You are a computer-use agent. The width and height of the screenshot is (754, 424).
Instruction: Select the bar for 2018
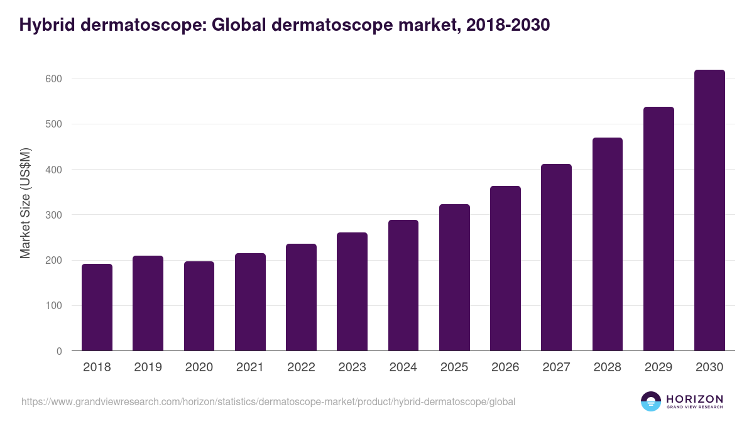(x=97, y=307)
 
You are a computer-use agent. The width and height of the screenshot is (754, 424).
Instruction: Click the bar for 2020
(x=199, y=306)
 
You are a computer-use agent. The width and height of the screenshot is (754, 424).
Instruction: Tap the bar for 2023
(x=352, y=291)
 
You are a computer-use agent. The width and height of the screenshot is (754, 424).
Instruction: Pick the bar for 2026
(x=505, y=268)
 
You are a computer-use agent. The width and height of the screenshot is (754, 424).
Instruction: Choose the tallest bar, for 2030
(x=709, y=210)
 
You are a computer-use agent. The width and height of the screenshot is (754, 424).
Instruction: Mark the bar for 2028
(x=607, y=244)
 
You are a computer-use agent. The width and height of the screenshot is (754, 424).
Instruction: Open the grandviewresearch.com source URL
(x=268, y=401)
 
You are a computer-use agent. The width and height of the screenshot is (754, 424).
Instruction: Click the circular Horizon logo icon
(x=651, y=401)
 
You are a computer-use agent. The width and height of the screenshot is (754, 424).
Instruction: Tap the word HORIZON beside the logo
(x=694, y=399)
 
